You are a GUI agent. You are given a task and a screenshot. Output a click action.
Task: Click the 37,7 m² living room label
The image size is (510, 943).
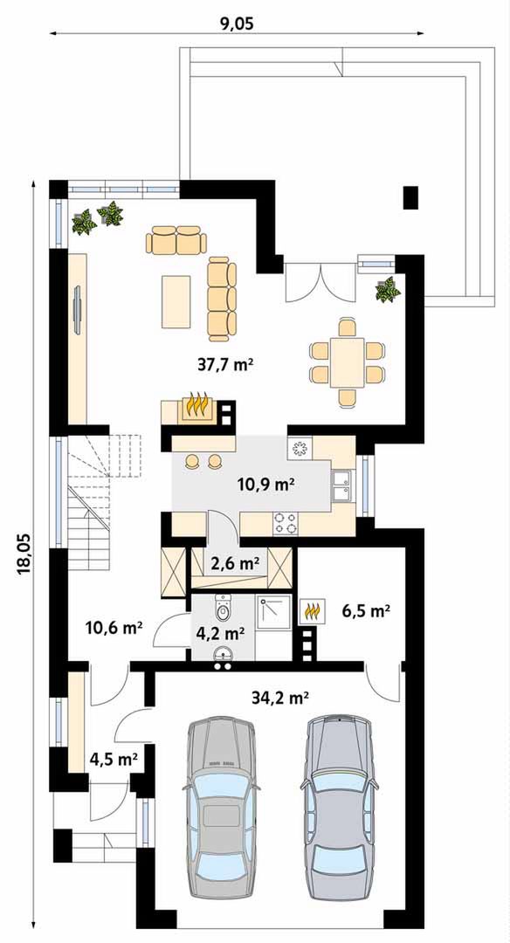(224, 363)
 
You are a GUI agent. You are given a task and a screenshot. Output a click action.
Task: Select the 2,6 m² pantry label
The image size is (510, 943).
(235, 563)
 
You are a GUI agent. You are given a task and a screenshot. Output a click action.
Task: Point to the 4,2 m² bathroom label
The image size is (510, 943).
(221, 632)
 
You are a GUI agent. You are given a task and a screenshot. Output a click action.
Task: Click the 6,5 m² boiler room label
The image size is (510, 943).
(367, 611)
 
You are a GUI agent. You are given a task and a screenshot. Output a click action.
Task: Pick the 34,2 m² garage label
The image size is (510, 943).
(282, 698)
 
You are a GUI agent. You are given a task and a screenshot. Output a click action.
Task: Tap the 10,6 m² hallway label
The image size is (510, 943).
(114, 629)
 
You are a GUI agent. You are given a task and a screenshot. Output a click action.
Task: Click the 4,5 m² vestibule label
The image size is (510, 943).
(114, 758)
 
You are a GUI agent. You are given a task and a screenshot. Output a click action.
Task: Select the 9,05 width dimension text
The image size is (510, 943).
(237, 24)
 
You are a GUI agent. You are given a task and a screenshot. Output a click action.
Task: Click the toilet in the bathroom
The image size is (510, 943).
(224, 608)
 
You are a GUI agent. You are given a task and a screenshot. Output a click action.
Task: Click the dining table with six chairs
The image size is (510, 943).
(347, 362)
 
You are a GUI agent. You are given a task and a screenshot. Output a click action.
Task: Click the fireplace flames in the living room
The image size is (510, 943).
(197, 405)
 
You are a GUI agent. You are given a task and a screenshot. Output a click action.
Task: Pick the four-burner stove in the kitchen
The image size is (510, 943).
(286, 523)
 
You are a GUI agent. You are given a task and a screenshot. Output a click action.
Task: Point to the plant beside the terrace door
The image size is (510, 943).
(388, 290)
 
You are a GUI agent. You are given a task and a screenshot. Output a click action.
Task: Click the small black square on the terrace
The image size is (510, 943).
(410, 198)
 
